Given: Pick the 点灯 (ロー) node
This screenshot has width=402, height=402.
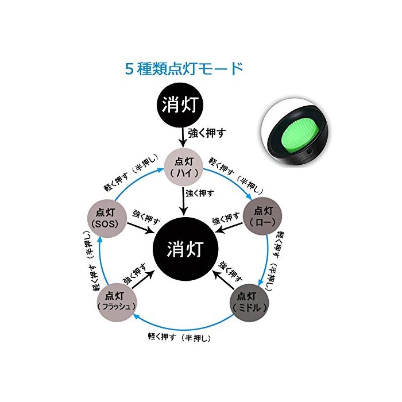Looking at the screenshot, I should point(264,215).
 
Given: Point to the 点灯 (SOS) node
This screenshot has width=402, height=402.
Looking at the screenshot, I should point(105,216).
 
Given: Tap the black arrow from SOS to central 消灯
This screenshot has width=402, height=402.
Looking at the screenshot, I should point(141,228).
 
